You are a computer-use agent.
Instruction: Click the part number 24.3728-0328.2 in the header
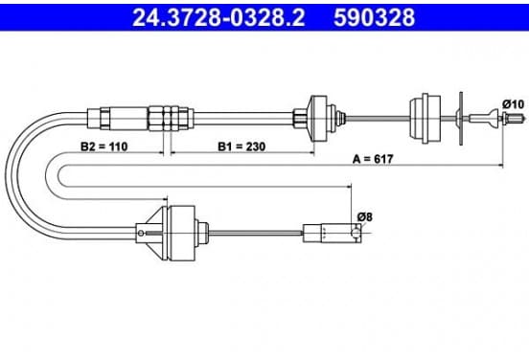coord(218,17)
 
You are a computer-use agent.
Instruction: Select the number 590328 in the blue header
coord(374,17)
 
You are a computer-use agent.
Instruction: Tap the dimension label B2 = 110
coord(103,146)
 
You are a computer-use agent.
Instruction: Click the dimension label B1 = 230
coord(241,146)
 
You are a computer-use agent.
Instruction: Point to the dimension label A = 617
coord(373,159)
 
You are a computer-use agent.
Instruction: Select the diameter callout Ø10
coord(513,104)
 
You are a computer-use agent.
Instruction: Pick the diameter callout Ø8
coord(365,217)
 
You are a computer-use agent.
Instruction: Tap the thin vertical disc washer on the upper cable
coord(461,119)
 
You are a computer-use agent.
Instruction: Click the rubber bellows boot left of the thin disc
coord(425,119)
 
